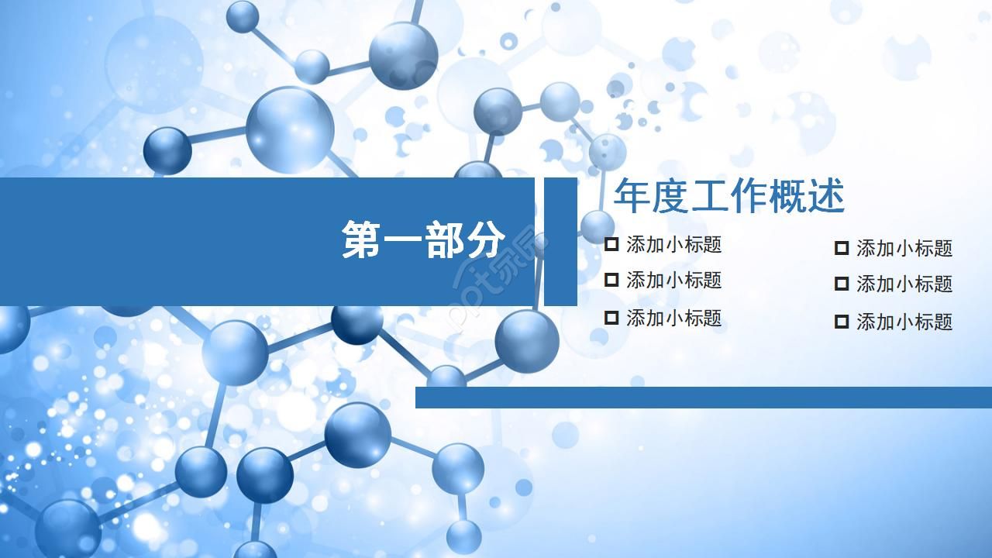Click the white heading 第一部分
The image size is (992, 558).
423,239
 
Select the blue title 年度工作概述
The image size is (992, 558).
728,196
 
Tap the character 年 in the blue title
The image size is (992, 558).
632,196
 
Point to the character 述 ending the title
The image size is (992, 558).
825,196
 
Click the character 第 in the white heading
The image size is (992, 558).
362,239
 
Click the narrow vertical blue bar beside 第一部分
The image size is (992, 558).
560,242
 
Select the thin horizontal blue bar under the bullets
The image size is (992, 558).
703,397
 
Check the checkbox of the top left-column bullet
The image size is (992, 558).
611,245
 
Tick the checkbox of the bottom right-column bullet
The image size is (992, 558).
842,322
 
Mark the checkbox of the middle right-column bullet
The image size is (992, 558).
842,284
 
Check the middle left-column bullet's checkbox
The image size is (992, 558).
611,280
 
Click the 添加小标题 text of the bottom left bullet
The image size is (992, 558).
673,318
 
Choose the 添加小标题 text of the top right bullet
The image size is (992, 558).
904,249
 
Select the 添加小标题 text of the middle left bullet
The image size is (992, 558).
673,280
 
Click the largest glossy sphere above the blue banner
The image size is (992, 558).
290,129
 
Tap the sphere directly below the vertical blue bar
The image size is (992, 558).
527,340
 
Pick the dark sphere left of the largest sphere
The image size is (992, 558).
167,150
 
